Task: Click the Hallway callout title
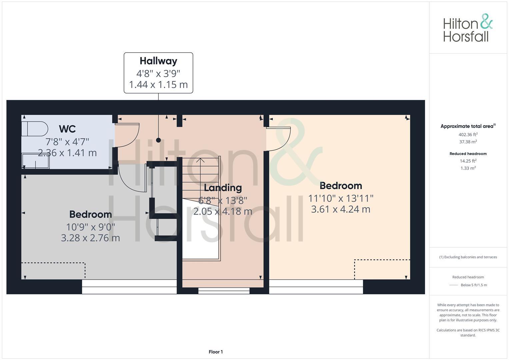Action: point(158,61)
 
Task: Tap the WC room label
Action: point(67,129)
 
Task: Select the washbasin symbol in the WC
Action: point(36,161)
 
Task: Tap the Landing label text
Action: point(223,188)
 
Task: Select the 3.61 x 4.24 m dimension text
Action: point(341,209)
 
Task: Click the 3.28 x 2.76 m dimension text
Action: point(90,238)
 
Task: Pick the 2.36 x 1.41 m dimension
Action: point(67,153)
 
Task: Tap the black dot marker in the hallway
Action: point(158,140)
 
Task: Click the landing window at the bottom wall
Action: point(224,291)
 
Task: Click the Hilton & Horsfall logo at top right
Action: point(468,28)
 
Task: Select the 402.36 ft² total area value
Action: point(468,135)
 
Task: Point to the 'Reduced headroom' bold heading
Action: point(468,154)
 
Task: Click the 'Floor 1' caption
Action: point(216,352)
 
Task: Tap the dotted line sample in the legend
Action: point(454,285)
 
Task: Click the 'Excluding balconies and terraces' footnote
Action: point(468,257)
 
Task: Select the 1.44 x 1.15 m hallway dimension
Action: point(158,85)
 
